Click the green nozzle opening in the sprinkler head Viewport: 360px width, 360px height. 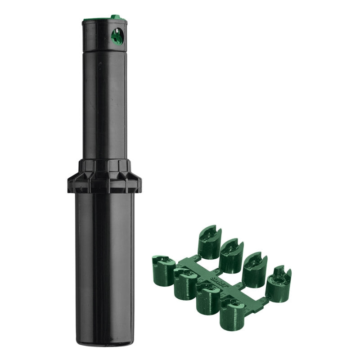tap(117, 36)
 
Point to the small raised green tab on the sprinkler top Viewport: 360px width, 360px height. tap(116, 17)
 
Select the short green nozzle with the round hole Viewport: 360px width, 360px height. tap(278, 285)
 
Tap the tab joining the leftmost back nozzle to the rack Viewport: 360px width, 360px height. tap(196, 258)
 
